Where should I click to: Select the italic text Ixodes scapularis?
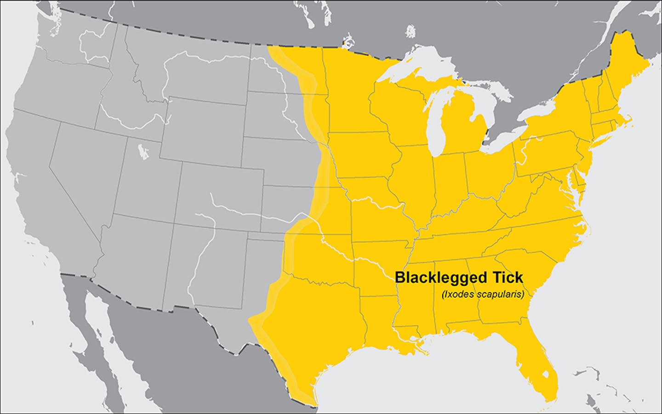coord(483,294)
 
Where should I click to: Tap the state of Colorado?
coord(221,188)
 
